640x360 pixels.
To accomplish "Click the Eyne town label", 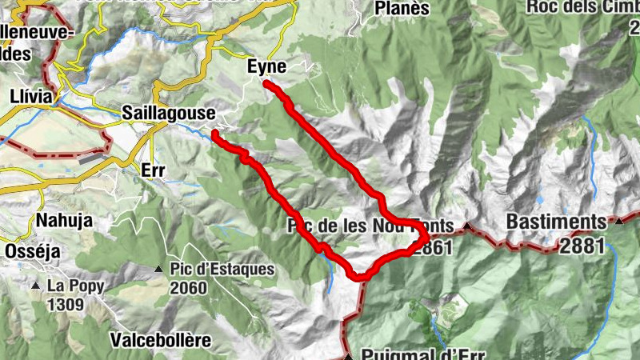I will point(266,68).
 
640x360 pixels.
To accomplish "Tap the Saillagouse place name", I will point(168,114).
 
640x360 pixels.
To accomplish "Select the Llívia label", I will point(31,96).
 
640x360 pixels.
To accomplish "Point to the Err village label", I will point(152,170).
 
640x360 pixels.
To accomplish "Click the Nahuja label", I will point(64,220).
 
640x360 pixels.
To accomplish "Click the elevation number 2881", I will point(582,246).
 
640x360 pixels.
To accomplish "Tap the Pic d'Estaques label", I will point(222,270).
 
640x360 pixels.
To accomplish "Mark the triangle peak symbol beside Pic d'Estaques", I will point(159,270).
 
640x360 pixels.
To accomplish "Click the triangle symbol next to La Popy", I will point(35,286).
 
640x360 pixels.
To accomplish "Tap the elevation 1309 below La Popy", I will point(66,304).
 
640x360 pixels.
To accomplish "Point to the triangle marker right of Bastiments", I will point(619,220).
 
